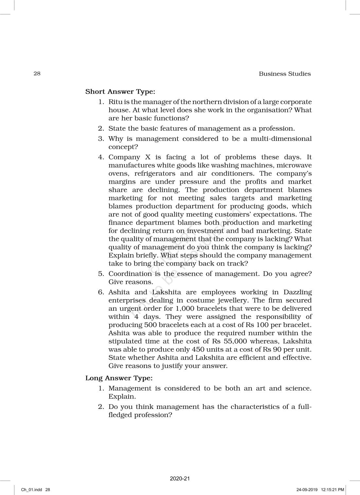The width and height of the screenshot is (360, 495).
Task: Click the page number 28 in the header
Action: pyautogui.click(x=37, y=73)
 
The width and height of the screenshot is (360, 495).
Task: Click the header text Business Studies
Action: pyautogui.click(x=285, y=74)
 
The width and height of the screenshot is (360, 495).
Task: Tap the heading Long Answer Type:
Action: pyautogui.click(x=119, y=378)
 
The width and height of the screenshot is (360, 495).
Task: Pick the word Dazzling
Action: pyautogui.click(x=297, y=292)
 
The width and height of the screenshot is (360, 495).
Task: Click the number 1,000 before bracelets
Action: pyautogui.click(x=184, y=308)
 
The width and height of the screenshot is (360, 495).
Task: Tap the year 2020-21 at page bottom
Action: pyautogui.click(x=180, y=479)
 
